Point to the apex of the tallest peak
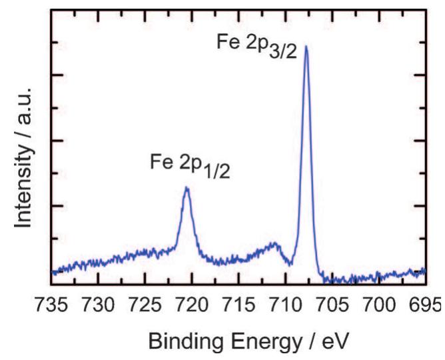pyautogui.click(x=306, y=46)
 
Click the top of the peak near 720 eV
pyautogui.click(x=187, y=187)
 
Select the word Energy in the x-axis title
pyautogui.click(x=251, y=341)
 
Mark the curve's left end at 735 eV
pyautogui.click(x=53, y=271)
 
